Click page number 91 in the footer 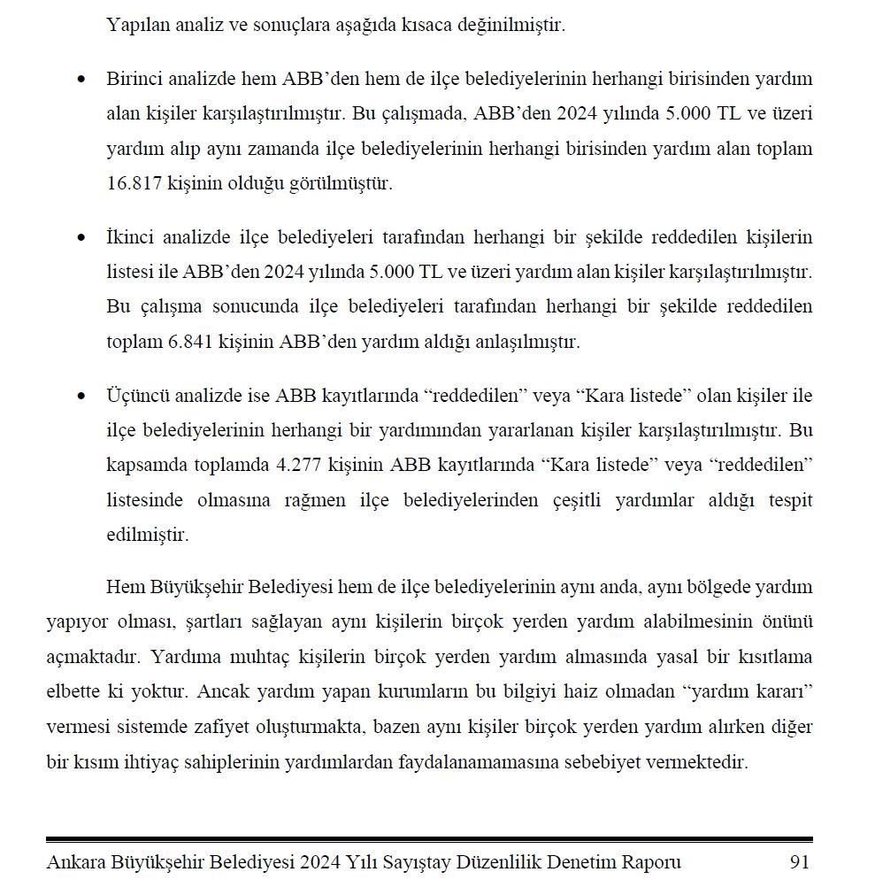799,861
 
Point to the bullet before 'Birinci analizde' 82,80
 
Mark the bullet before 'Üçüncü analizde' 82,397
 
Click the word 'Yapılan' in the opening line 134,25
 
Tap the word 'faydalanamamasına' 469,762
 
